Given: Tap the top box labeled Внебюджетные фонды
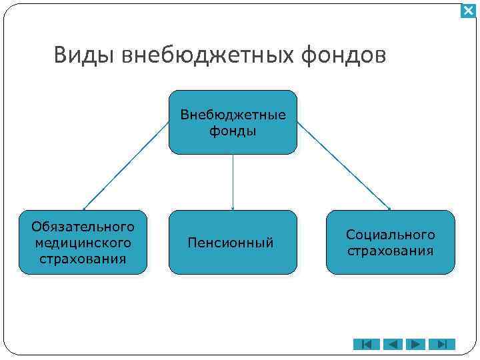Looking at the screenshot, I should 233,123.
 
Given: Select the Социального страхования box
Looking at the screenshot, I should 390,243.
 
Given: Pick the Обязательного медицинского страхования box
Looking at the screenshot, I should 83,243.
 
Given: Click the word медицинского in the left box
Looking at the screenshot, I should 83,243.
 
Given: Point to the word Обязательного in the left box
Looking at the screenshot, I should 83,227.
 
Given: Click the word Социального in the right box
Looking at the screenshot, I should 390,235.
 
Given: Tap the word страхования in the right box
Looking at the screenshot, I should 390,251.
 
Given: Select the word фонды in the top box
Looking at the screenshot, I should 233,131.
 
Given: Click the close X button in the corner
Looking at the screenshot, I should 468,11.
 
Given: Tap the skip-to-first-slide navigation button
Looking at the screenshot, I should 366,345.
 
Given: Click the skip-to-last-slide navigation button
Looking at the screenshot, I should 442,345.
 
